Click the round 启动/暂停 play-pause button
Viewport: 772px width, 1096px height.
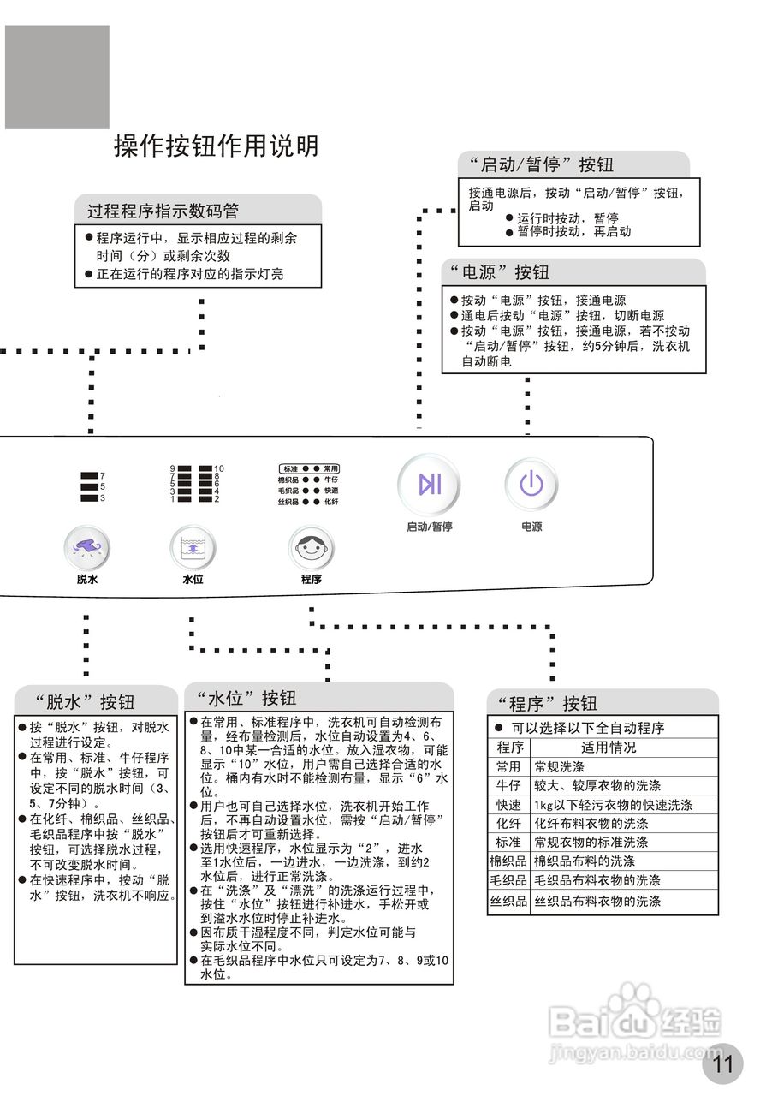pyautogui.click(x=429, y=485)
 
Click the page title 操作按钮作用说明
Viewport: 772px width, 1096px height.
pyautogui.click(x=217, y=146)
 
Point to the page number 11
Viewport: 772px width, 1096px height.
pyautogui.click(x=723, y=1064)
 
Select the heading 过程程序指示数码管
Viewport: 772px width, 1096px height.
pyautogui.click(x=163, y=211)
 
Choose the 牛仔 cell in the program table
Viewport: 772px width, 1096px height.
pyautogui.click(x=508, y=785)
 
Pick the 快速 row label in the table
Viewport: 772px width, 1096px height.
pyautogui.click(x=508, y=805)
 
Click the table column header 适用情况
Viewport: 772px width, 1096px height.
pyautogui.click(x=609, y=748)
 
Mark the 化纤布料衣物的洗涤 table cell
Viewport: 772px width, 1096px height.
pyautogui.click(x=591, y=823)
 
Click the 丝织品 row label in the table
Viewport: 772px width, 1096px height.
pyautogui.click(x=508, y=901)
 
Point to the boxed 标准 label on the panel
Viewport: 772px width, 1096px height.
pyautogui.click(x=290, y=468)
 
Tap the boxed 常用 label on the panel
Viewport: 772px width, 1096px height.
pyautogui.click(x=331, y=468)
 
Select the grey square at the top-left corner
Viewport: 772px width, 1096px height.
pyautogui.click(x=57, y=77)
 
